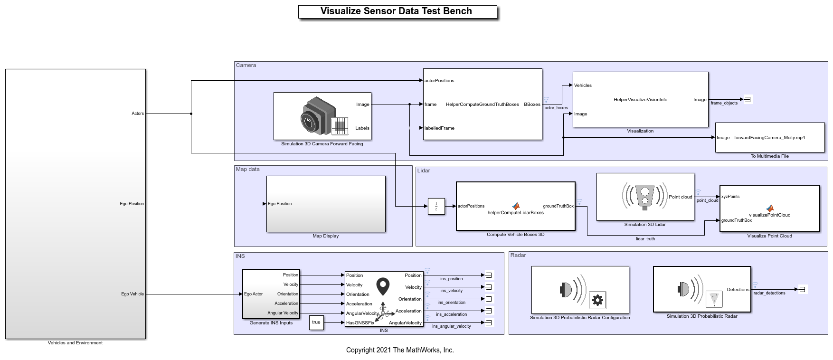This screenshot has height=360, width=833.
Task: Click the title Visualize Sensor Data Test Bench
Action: point(396,11)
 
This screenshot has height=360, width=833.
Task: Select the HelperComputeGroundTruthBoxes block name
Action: point(482,104)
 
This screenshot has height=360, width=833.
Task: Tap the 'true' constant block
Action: point(316,322)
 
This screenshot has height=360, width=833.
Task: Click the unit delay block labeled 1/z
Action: point(436,207)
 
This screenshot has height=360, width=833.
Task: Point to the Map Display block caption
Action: point(326,236)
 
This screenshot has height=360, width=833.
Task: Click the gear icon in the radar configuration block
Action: point(597,300)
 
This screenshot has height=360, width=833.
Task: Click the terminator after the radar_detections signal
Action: point(803,289)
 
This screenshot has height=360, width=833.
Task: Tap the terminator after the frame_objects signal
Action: point(748,100)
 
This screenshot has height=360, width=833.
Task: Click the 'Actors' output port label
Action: point(138,114)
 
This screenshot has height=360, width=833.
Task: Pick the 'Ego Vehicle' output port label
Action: point(133,294)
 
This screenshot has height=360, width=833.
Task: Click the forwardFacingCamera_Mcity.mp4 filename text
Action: point(769,138)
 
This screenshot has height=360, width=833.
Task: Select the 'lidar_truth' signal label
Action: point(645,239)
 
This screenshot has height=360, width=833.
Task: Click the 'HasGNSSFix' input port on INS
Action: point(360,323)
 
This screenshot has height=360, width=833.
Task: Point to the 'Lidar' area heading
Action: point(424,171)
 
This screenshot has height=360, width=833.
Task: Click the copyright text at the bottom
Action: point(400,350)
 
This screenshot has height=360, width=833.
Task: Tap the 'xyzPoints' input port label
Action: point(730,197)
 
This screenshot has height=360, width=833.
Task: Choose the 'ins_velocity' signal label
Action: point(451,291)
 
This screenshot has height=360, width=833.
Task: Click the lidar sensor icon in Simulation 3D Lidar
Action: point(644,195)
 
